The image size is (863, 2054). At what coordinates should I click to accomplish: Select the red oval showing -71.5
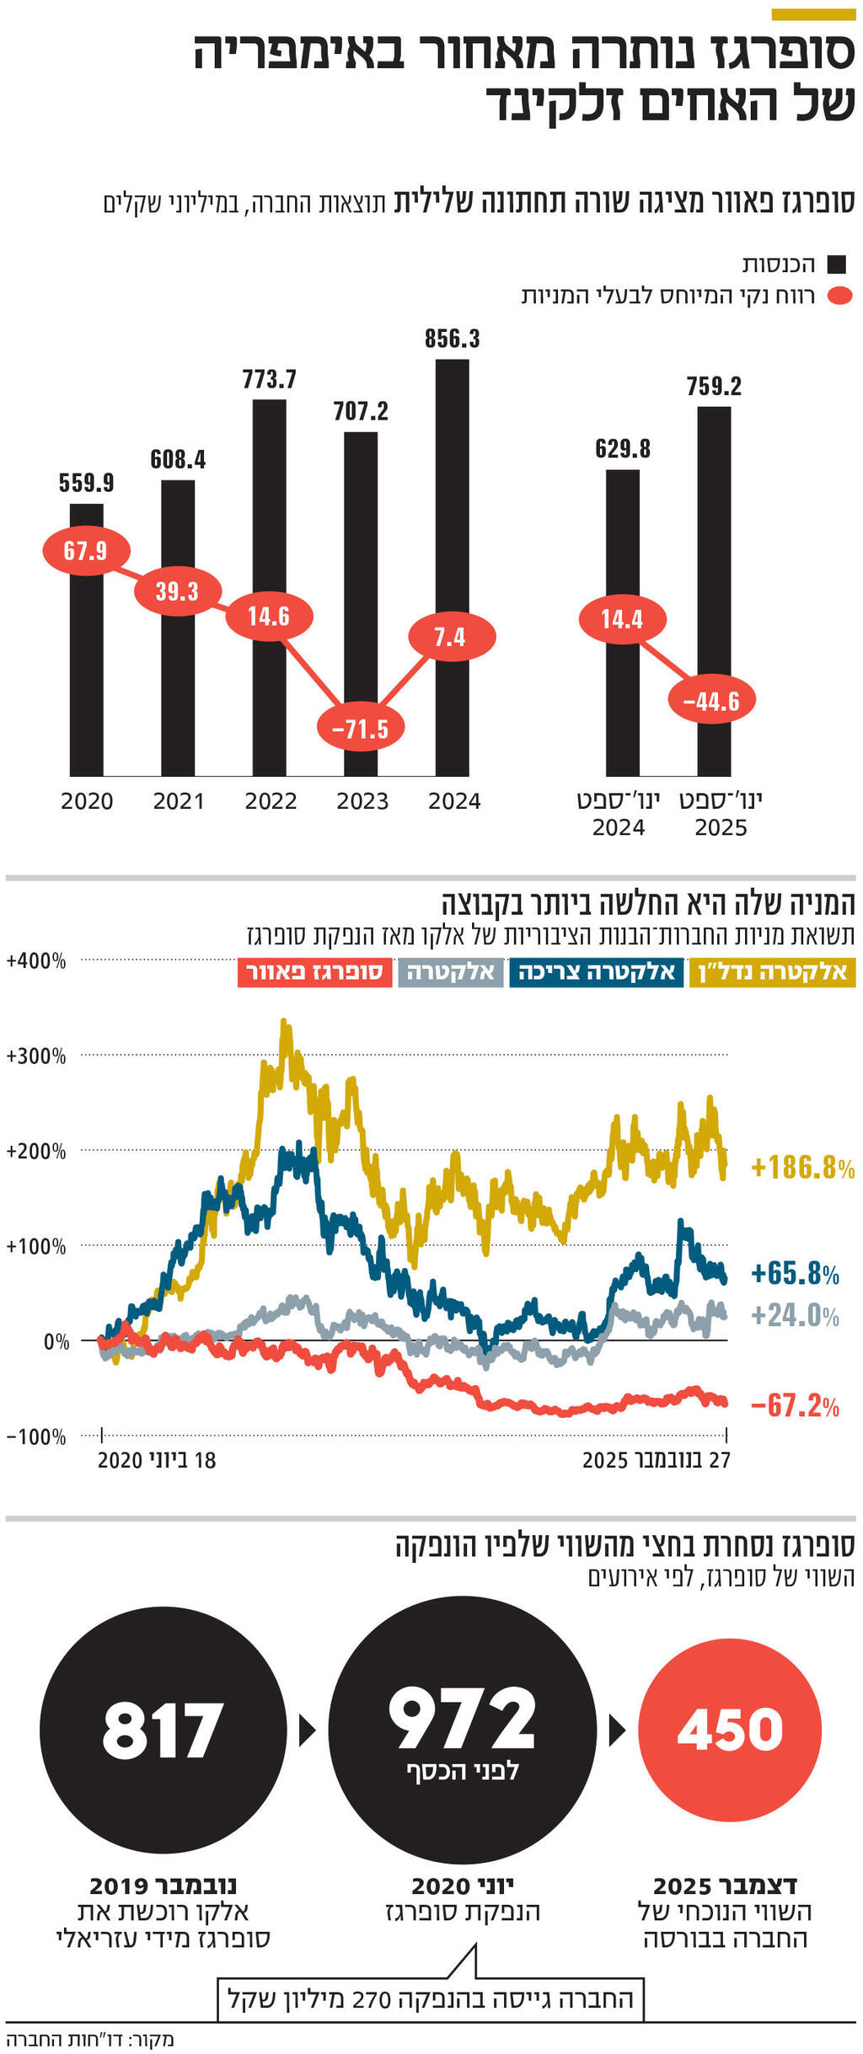pos(361,728)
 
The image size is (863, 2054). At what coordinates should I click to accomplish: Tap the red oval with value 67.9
pos(86,551)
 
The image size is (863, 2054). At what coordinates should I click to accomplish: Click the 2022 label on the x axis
pos(271,801)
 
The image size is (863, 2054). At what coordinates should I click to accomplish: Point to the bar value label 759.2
pos(713,387)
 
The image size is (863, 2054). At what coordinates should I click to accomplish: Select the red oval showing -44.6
pos(712,700)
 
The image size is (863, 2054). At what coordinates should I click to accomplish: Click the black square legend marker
pos(836,265)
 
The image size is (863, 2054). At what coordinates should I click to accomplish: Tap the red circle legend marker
pos(839,297)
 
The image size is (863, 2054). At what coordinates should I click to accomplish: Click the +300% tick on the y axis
pos(35,1056)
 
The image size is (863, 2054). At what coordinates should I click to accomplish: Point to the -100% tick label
pos(35,1437)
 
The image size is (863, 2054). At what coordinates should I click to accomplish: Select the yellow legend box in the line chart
pos(773,972)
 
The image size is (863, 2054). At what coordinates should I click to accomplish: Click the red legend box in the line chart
pos(314,972)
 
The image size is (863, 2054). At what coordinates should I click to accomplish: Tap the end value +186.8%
pos(801,1168)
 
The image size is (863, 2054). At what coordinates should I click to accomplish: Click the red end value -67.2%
pos(794,1405)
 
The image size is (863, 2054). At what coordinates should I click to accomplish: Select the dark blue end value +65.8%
pos(795,1273)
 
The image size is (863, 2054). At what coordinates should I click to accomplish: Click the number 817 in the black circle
pos(163,1730)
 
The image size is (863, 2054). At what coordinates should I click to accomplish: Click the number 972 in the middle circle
pos(462,1719)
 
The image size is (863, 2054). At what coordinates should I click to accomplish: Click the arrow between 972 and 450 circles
pos(617,1731)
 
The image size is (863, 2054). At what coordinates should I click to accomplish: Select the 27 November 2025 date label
pos(657,1460)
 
